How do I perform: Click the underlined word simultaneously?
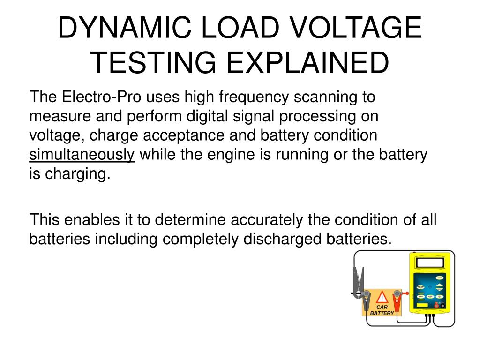(x=82, y=155)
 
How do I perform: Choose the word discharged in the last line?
(x=282, y=239)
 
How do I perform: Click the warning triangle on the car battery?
(x=383, y=298)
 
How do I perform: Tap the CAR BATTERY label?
(x=382, y=310)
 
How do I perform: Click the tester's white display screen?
(x=429, y=263)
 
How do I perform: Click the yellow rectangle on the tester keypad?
(x=422, y=305)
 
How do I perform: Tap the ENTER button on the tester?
(x=439, y=277)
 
